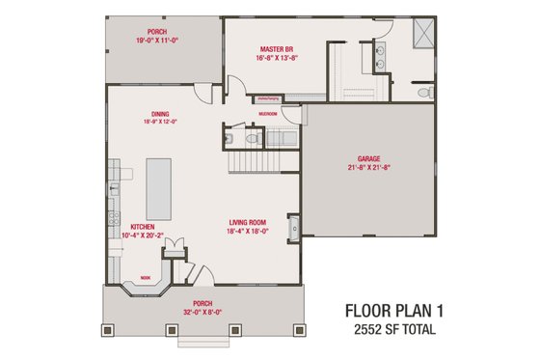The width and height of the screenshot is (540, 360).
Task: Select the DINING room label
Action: (160, 112)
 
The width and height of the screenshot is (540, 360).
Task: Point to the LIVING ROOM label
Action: (247, 222)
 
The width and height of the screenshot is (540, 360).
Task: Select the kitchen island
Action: (158, 189)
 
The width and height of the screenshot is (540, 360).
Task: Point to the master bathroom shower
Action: (420, 33)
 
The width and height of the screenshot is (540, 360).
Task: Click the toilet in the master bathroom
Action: (428, 92)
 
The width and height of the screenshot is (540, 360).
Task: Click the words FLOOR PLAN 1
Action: (394, 311)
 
